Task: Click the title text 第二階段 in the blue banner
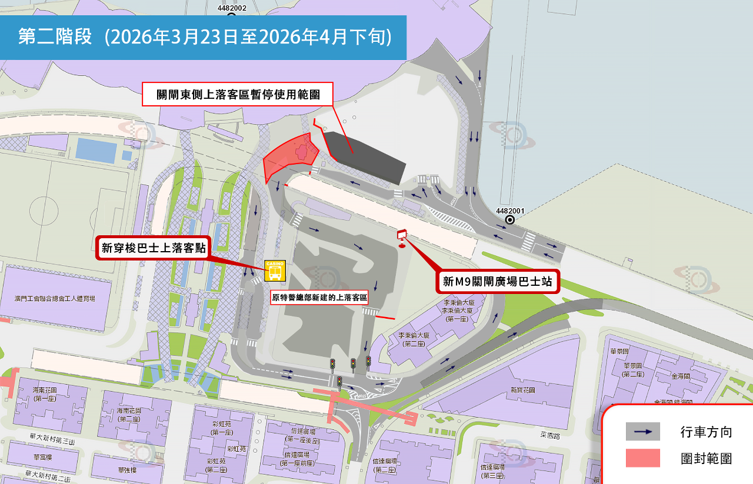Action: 55,37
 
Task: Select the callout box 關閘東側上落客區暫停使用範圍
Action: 238,94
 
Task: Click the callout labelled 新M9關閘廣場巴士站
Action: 497,282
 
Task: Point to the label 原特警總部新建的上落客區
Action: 319,298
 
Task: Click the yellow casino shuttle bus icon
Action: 275,271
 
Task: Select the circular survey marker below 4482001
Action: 510,220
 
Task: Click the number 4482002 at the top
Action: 232,8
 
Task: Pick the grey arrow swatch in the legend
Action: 642,432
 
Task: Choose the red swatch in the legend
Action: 642,458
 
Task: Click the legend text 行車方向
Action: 707,432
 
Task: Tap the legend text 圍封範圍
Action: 707,458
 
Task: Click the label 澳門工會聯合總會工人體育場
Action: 55,299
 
